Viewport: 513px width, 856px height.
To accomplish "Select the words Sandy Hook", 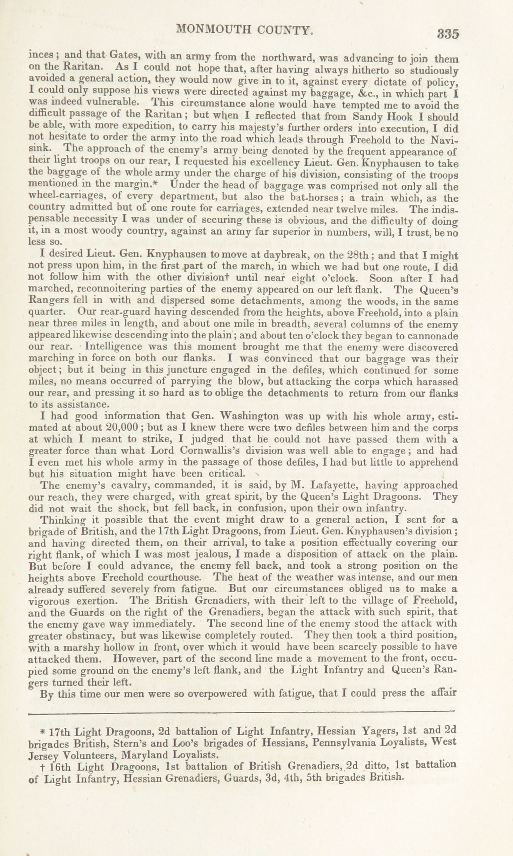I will tap(384, 116).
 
